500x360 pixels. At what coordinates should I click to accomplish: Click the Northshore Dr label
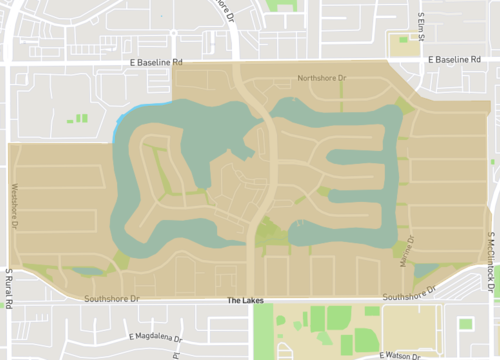(321, 77)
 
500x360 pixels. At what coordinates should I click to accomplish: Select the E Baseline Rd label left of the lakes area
(157, 62)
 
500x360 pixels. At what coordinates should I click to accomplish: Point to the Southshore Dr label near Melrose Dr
(410, 293)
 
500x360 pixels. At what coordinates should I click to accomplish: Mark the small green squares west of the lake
(76, 119)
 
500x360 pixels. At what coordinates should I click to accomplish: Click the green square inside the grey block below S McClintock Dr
(465, 323)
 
